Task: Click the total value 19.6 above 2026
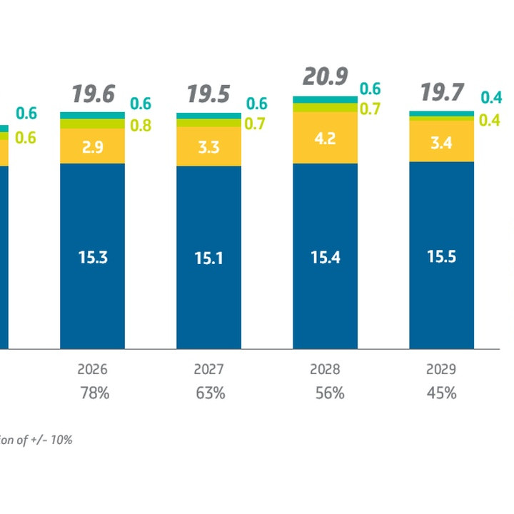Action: [92, 94]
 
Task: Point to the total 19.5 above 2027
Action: [208, 94]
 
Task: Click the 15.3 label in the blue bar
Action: [92, 257]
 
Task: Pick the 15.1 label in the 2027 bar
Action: [208, 258]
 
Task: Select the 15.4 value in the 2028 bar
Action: [325, 257]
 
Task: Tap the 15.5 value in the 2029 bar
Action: [441, 257]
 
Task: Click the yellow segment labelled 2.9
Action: [92, 146]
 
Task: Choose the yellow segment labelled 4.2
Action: [325, 138]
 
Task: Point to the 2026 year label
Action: [92, 370]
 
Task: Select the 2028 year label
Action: [325, 370]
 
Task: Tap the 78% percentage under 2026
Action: [93, 393]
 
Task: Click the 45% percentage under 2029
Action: [441, 393]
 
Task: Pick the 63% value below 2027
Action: [209, 393]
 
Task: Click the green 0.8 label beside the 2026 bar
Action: [141, 126]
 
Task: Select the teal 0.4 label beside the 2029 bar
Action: [490, 98]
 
